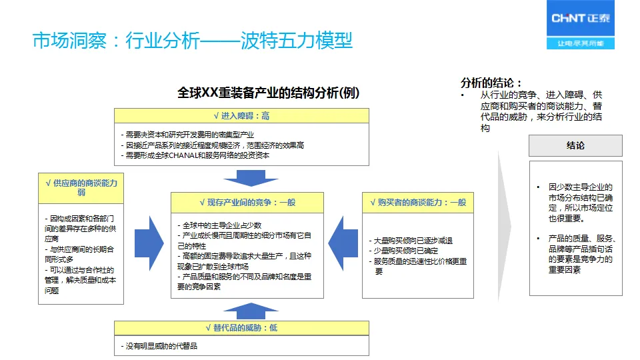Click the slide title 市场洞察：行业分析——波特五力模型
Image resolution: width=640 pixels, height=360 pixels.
(193, 41)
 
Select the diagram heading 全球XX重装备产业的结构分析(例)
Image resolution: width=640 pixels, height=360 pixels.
(268, 93)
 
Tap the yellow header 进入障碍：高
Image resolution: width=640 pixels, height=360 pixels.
(241, 115)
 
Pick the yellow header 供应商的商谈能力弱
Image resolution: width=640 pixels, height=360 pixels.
(81, 187)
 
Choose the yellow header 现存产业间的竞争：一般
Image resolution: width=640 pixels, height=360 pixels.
(247, 202)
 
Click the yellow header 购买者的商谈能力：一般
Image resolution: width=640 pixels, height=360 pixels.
(418, 202)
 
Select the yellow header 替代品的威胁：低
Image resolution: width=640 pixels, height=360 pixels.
(241, 328)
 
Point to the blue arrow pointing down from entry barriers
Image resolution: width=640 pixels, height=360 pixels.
(241, 177)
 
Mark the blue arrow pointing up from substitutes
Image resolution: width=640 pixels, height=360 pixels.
(241, 310)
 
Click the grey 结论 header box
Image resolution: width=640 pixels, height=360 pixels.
(575, 145)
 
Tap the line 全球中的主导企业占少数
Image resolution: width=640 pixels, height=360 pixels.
(222, 225)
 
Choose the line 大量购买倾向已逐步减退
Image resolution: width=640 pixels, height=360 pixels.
(413, 241)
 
